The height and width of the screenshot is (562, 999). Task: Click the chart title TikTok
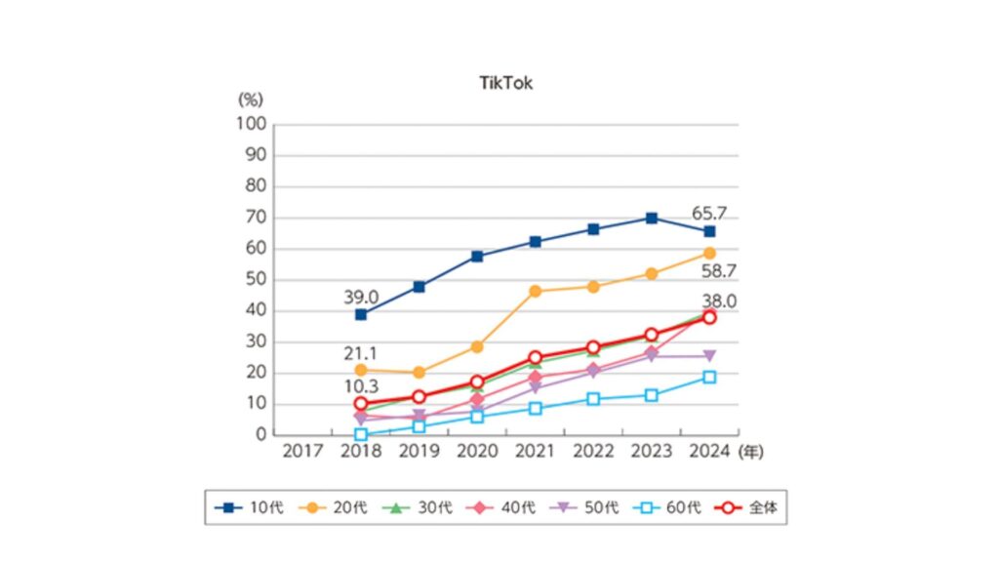coord(506,84)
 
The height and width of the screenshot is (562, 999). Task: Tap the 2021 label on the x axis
coord(535,451)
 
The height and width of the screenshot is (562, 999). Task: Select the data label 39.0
coord(362,296)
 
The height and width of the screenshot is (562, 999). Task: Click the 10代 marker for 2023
coord(652,218)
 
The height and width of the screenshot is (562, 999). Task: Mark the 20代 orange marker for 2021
coord(536,291)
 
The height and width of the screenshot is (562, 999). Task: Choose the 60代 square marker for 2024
coord(710,377)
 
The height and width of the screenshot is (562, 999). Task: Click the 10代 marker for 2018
coord(361,314)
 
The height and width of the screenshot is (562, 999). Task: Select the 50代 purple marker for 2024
coord(710,356)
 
